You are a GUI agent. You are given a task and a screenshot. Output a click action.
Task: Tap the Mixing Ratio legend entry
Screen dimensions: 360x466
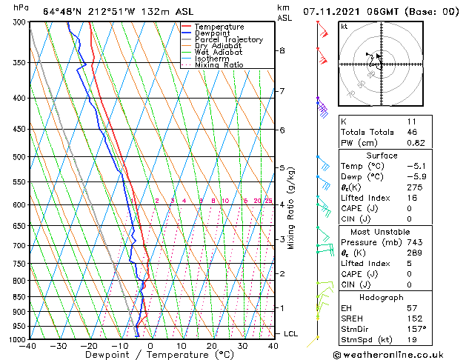(219, 65)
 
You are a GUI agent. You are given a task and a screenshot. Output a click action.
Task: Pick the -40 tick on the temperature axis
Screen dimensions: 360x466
(29, 346)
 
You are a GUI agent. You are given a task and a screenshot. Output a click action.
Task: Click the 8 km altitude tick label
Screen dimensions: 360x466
(282, 50)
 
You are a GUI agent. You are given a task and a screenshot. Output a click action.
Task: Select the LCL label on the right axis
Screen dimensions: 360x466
(291, 334)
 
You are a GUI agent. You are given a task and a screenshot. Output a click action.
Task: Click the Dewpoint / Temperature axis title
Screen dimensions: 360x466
(150, 355)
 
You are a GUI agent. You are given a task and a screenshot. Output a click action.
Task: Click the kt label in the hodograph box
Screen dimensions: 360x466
(344, 26)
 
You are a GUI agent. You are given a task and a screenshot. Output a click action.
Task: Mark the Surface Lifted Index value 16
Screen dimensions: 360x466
(412, 199)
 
